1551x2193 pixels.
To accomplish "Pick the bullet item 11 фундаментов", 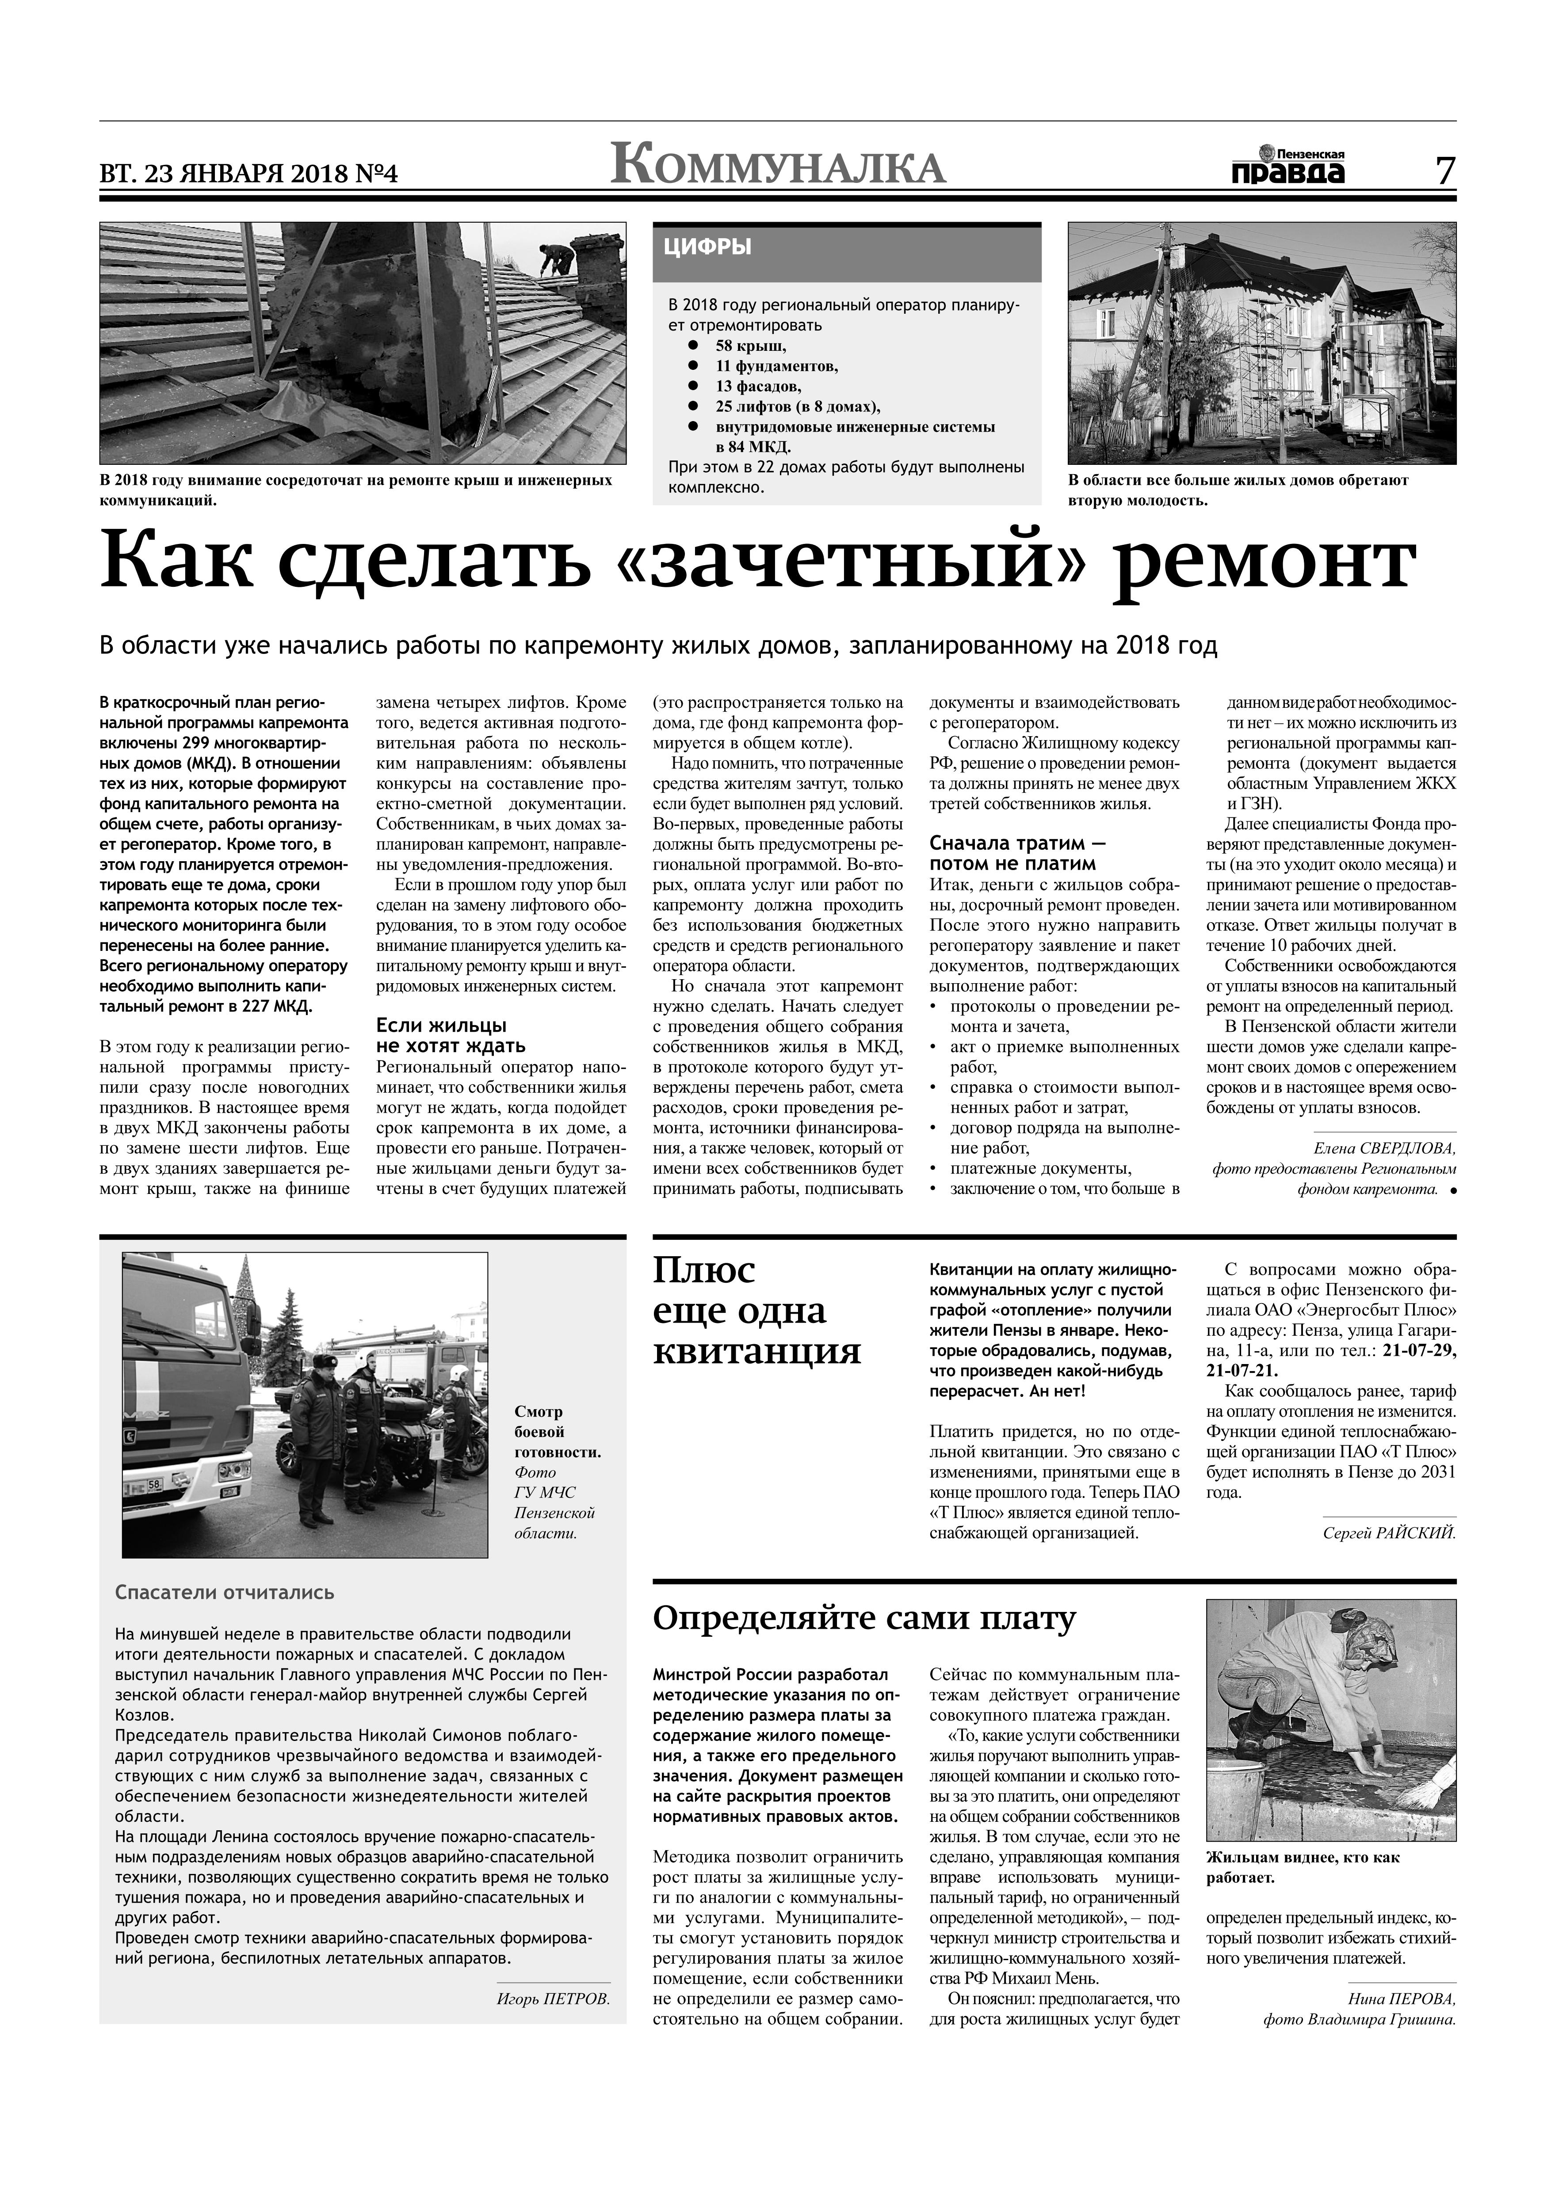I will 776,366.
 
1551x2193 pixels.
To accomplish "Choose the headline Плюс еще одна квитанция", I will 757,1311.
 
